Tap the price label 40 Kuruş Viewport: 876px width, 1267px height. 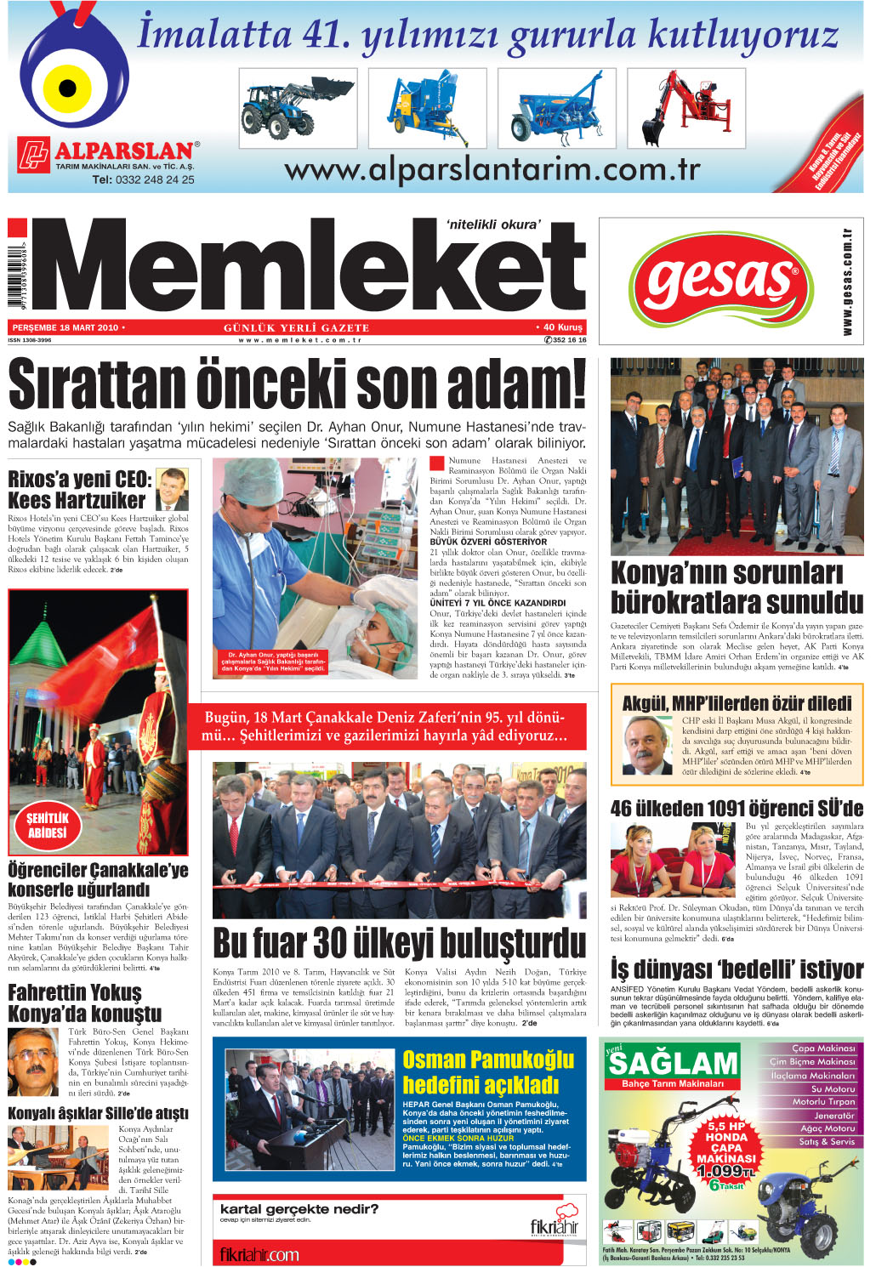click(x=560, y=327)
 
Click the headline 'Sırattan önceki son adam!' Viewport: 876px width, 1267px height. click(x=297, y=385)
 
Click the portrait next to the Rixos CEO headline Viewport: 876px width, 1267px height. click(x=173, y=488)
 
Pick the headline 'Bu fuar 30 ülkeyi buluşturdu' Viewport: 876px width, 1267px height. click(x=399, y=943)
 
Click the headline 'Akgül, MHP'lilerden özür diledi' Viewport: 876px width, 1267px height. click(x=737, y=703)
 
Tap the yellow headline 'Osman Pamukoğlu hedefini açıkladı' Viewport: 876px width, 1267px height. click(x=488, y=1072)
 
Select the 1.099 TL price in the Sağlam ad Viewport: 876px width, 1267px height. click(x=724, y=1171)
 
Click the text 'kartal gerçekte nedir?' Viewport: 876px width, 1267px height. click(x=299, y=1209)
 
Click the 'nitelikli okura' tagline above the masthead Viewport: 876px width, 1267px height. click(x=493, y=224)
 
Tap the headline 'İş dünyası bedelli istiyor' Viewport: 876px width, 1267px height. click(x=737, y=969)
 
